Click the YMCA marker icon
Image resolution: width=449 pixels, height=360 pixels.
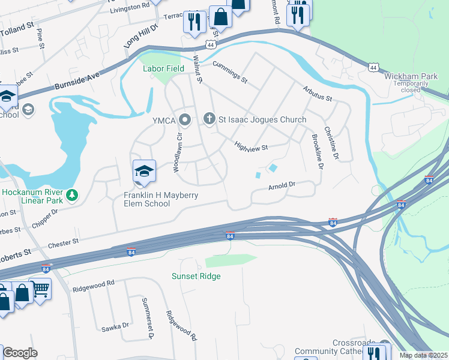(x=185, y=120)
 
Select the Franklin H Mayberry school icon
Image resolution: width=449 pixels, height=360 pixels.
(x=144, y=172)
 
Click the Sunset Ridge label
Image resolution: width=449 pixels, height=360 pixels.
(x=196, y=276)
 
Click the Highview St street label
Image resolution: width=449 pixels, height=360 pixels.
(x=250, y=145)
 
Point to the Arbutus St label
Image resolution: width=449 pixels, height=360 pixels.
(x=318, y=94)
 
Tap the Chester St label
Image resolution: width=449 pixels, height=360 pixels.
(x=63, y=242)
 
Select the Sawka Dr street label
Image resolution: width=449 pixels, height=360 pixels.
(x=115, y=326)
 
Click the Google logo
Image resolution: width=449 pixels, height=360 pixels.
(x=20, y=353)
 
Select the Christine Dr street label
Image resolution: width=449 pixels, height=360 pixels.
(x=332, y=143)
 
